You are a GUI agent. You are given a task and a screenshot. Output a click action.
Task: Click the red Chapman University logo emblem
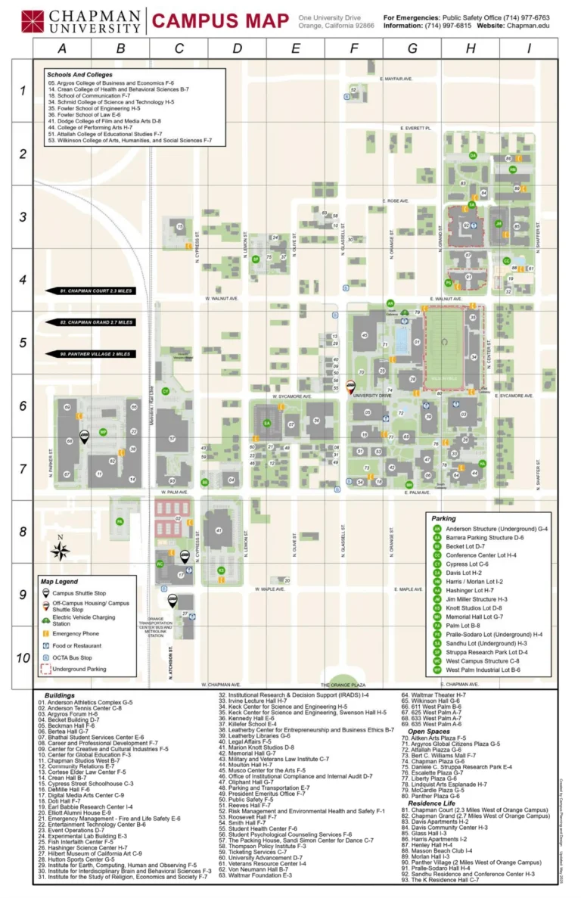(x=33, y=20)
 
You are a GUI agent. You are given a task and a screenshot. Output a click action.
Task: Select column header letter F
(x=354, y=48)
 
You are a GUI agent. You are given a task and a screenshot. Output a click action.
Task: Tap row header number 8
(x=22, y=532)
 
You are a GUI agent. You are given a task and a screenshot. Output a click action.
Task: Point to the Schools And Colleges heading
(x=79, y=75)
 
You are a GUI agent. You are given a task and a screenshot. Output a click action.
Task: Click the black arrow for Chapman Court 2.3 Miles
(x=91, y=291)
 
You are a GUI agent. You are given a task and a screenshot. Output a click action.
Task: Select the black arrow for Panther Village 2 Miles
(x=91, y=353)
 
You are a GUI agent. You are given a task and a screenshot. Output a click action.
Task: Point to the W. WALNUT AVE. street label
(x=222, y=299)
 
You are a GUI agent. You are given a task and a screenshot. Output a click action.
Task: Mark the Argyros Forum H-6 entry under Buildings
(x=71, y=713)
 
